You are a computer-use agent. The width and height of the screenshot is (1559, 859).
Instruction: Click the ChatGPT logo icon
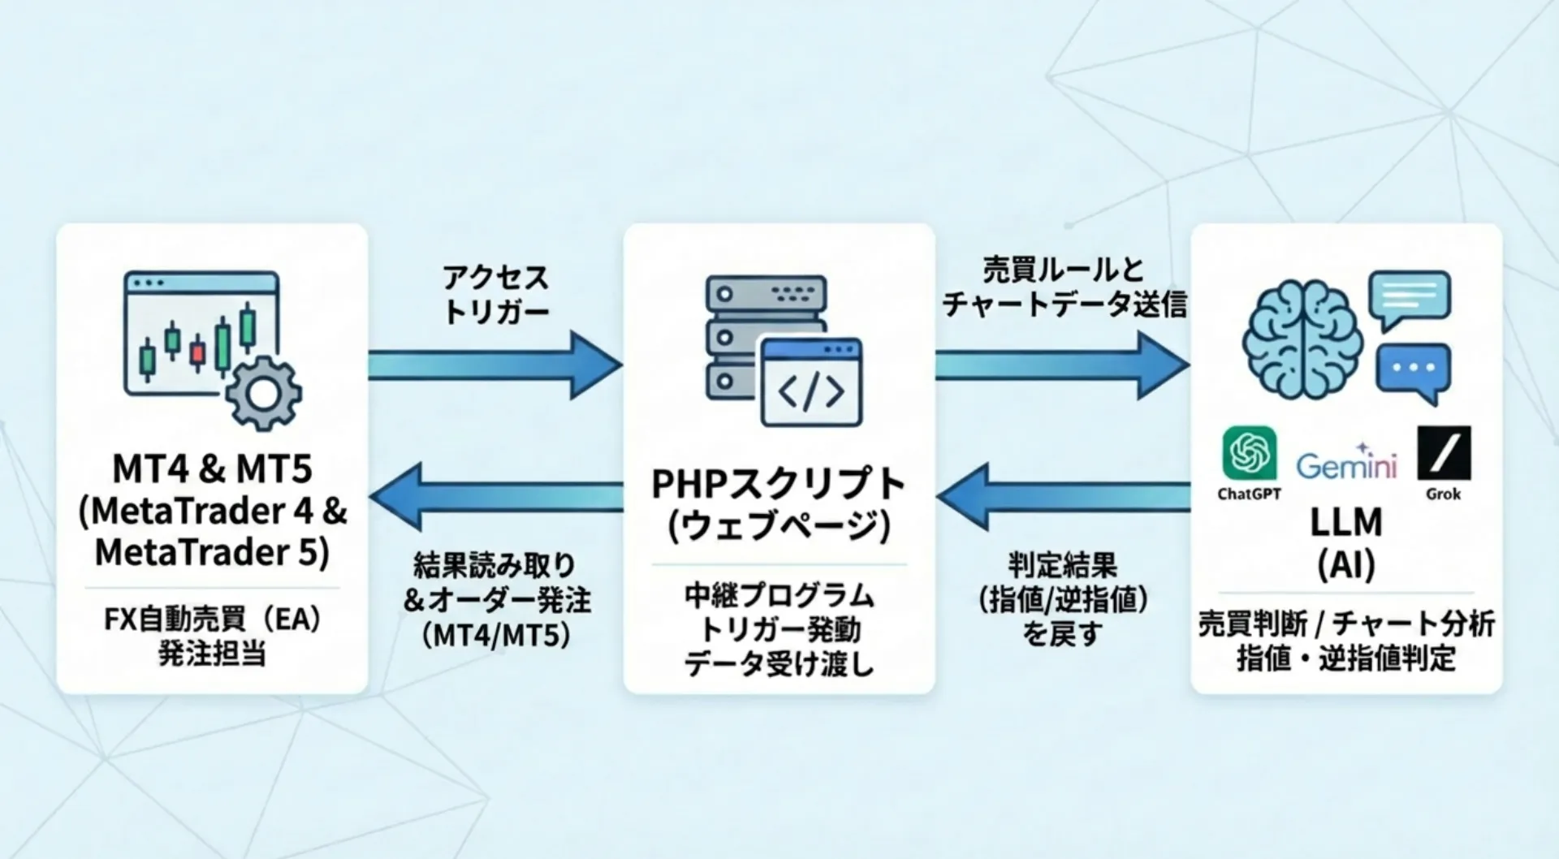pos(1249,453)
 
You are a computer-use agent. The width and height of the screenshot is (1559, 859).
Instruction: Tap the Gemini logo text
pos(1345,465)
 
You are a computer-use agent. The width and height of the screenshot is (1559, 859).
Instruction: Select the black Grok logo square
pos(1444,453)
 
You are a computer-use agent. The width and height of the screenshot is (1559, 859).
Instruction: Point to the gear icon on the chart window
pos(263,393)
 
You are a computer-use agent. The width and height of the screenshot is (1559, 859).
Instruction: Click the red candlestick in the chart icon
pos(197,352)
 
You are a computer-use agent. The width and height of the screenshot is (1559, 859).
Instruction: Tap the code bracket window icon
pos(811,382)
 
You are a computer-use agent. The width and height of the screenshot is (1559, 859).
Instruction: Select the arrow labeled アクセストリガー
pos(494,365)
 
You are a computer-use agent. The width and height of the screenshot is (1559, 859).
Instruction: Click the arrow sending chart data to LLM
pos(1060,365)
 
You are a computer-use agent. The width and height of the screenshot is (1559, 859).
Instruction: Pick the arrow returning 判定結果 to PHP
pos(1062,497)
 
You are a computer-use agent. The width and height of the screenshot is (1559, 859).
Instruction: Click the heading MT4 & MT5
pos(212,468)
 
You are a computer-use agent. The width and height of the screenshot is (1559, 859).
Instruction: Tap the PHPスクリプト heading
pos(778,485)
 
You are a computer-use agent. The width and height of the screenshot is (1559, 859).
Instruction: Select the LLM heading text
pos(1345,522)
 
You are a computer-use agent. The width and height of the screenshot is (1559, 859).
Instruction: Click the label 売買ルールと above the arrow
pos(1063,270)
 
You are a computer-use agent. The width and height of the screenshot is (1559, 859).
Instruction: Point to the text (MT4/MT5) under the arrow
pos(496,635)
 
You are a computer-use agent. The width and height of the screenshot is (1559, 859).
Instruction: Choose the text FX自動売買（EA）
pos(212,619)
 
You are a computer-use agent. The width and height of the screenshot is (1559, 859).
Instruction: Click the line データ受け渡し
pos(779,664)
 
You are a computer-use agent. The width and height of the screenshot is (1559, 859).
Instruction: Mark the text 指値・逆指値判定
pos(1345,658)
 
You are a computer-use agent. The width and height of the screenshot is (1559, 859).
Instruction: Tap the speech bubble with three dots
pos(1413,370)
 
